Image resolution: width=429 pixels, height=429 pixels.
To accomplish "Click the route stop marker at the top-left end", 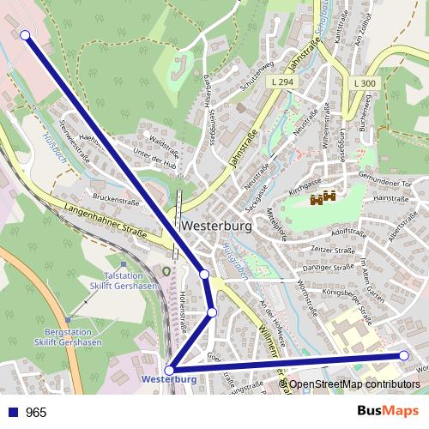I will [25, 35].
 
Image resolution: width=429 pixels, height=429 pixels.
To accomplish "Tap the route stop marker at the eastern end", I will [405, 355].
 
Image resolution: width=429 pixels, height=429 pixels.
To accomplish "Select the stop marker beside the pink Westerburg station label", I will [170, 370].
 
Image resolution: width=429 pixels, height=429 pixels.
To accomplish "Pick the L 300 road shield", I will [364, 82].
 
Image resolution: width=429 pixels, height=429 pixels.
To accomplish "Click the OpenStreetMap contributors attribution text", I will [354, 384].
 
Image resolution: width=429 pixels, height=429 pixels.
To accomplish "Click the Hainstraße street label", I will [391, 198].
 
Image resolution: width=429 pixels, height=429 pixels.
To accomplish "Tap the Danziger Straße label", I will [331, 268].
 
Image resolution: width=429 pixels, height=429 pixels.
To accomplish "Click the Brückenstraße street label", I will [116, 199].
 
